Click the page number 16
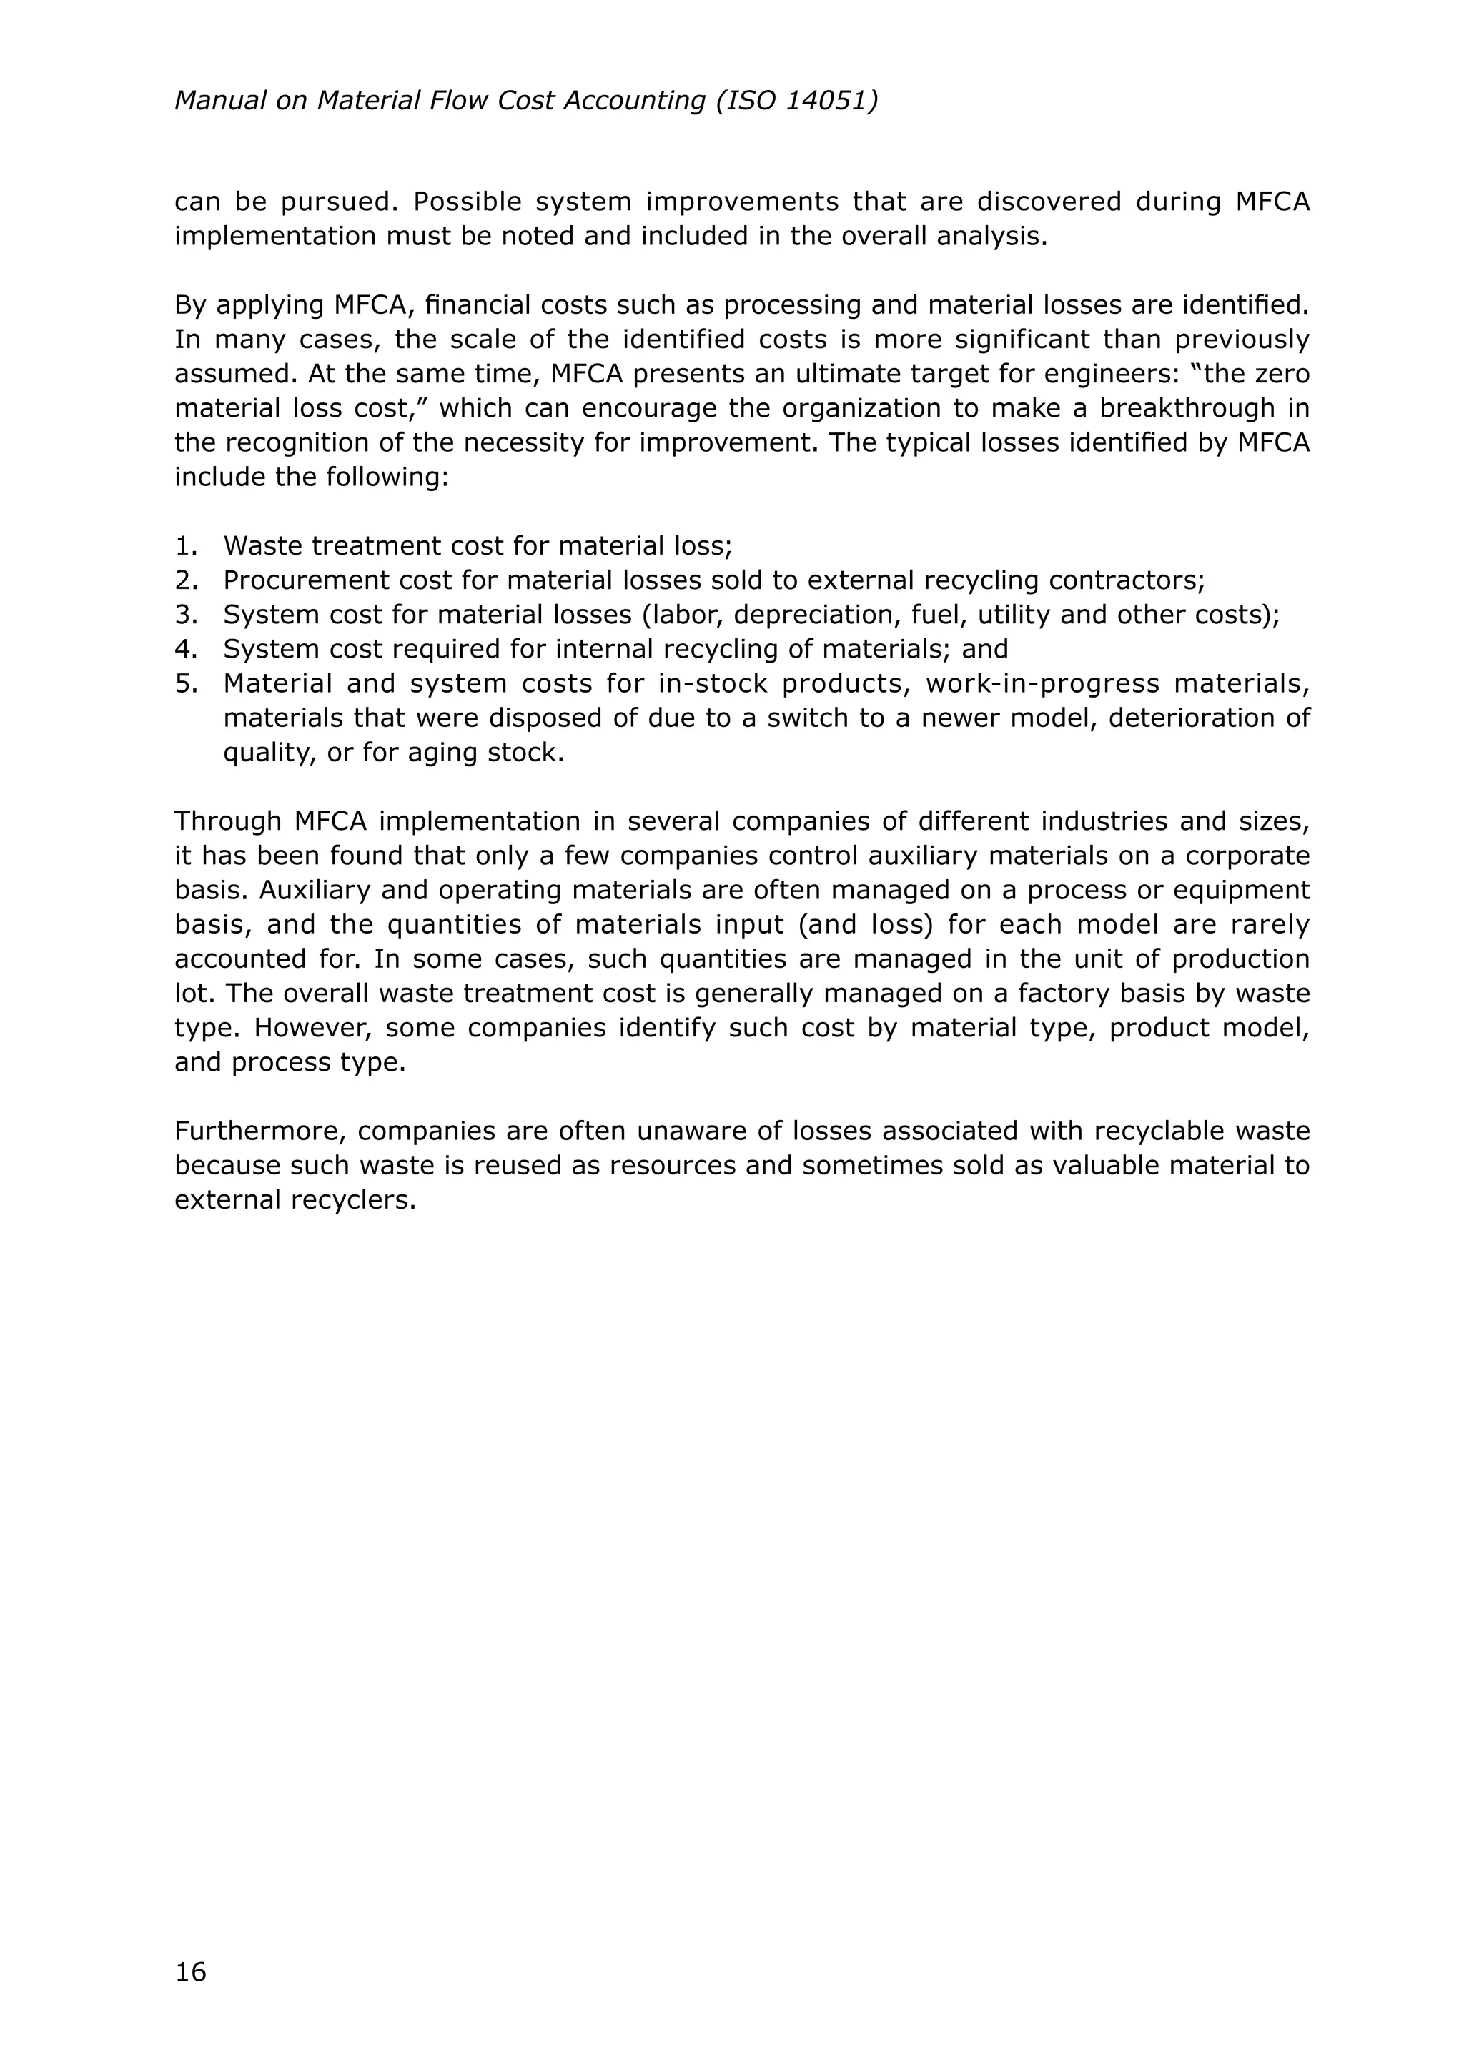pyautogui.click(x=190, y=1972)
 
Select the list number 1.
pyautogui.click(x=185, y=545)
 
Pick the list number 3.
pyautogui.click(x=185, y=615)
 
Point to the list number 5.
pyautogui.click(x=185, y=683)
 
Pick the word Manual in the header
pyautogui.click(x=217, y=100)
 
